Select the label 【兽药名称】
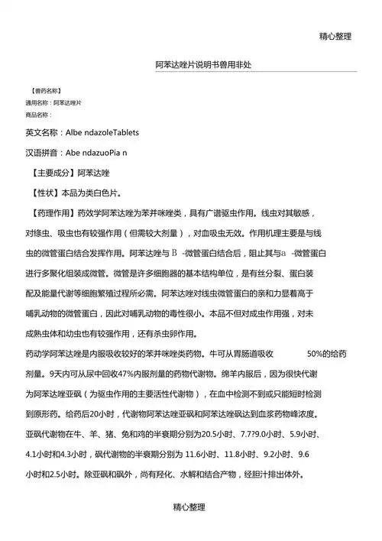tap(42, 90)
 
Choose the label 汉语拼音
tap(42, 152)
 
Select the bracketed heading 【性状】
tap(38, 193)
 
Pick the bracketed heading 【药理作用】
tap(48, 212)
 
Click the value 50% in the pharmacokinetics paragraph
tap(316, 355)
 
